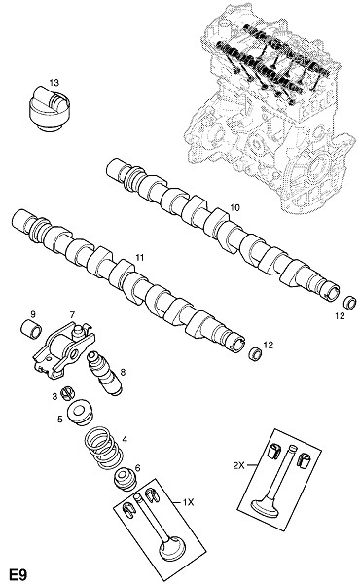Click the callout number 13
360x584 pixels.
tap(54, 83)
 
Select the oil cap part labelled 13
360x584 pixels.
tap(49, 109)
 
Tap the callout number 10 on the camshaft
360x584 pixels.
tap(235, 207)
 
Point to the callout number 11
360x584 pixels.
tap(139, 257)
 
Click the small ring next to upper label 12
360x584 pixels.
tap(350, 302)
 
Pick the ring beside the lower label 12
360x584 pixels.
tap(255, 352)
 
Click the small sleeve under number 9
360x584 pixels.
tap(31, 329)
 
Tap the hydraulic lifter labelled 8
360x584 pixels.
tap(104, 373)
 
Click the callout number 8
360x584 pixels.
tap(123, 372)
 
